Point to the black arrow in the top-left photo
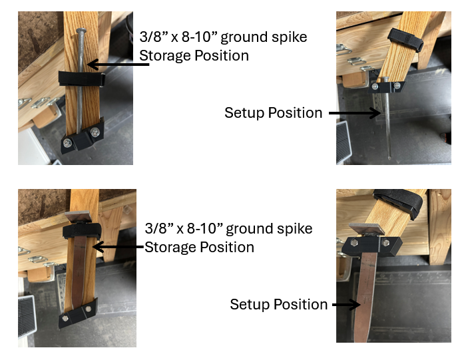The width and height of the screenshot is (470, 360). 113,65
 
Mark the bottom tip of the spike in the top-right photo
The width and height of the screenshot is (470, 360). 389,158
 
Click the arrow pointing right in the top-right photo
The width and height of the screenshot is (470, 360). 354,113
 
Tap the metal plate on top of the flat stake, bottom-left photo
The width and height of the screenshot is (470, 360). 79,217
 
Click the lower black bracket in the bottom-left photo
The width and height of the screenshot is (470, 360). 78,313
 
